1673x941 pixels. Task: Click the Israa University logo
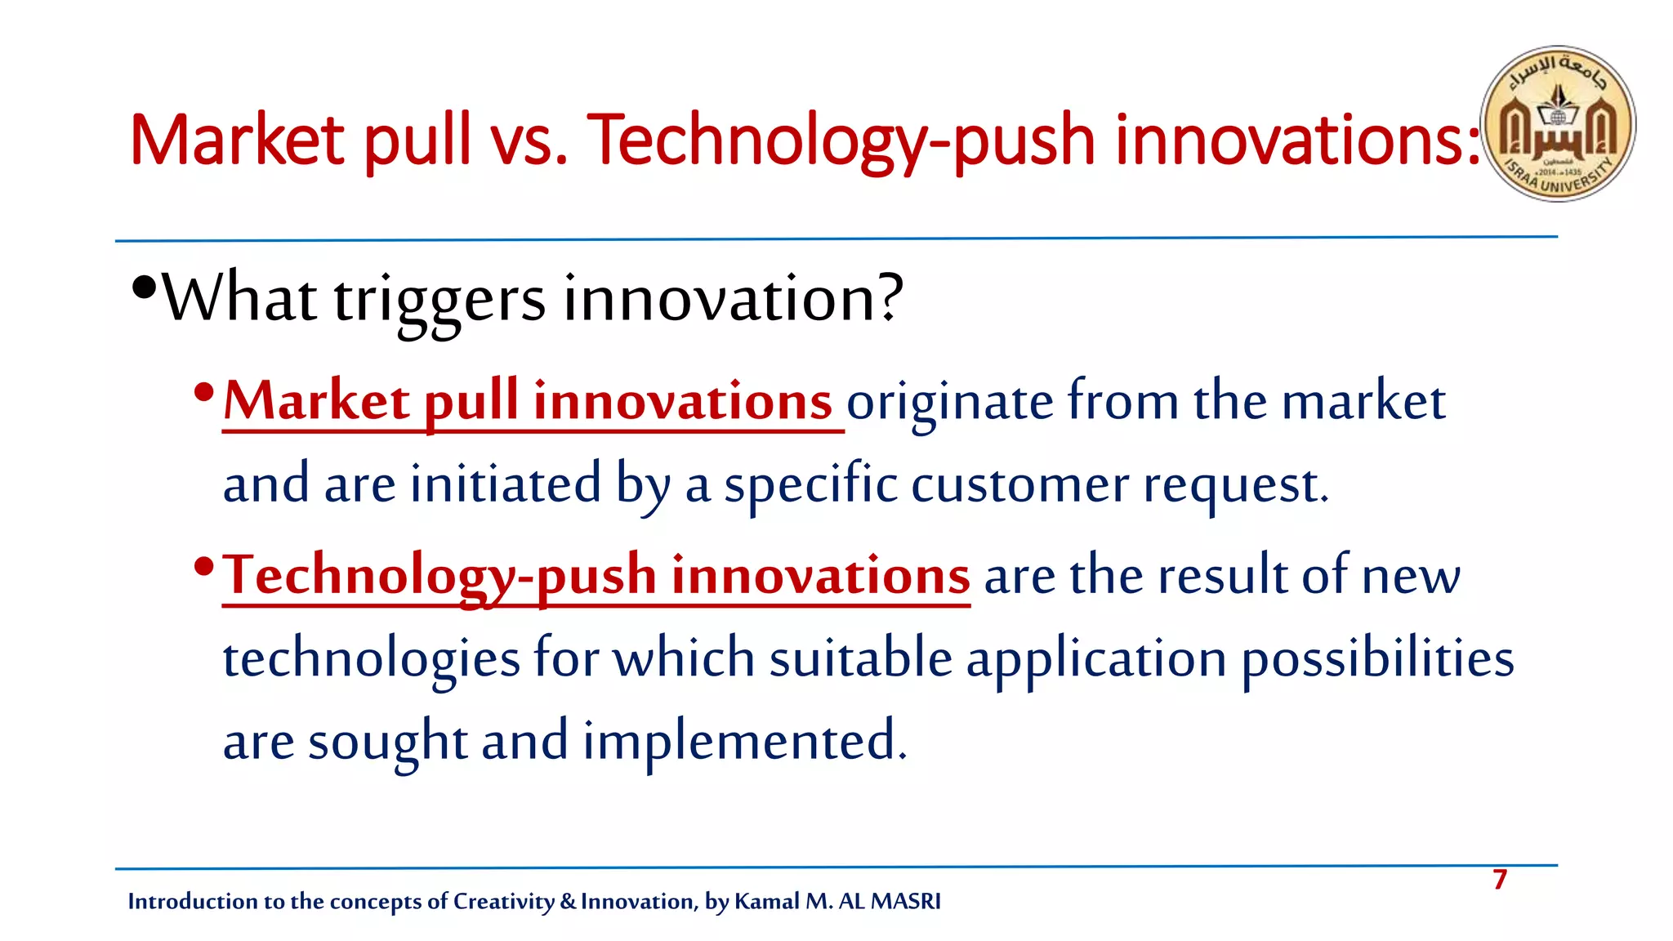pos(1558,123)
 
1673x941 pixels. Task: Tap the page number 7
pos(1499,880)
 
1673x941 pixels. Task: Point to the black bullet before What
pos(144,288)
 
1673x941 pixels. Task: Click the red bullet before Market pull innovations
pos(204,393)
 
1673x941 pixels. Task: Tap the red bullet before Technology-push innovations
pos(204,565)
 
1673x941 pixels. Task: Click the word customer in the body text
pos(1019,485)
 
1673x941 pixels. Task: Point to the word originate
pos(949,404)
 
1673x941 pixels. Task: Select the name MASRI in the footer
pos(905,901)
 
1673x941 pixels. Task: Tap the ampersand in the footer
pos(568,901)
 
